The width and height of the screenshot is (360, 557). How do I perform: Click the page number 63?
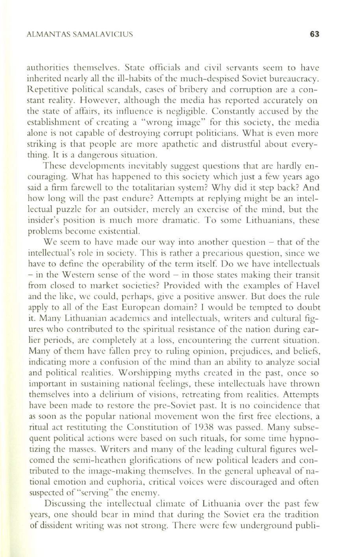(314, 34)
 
